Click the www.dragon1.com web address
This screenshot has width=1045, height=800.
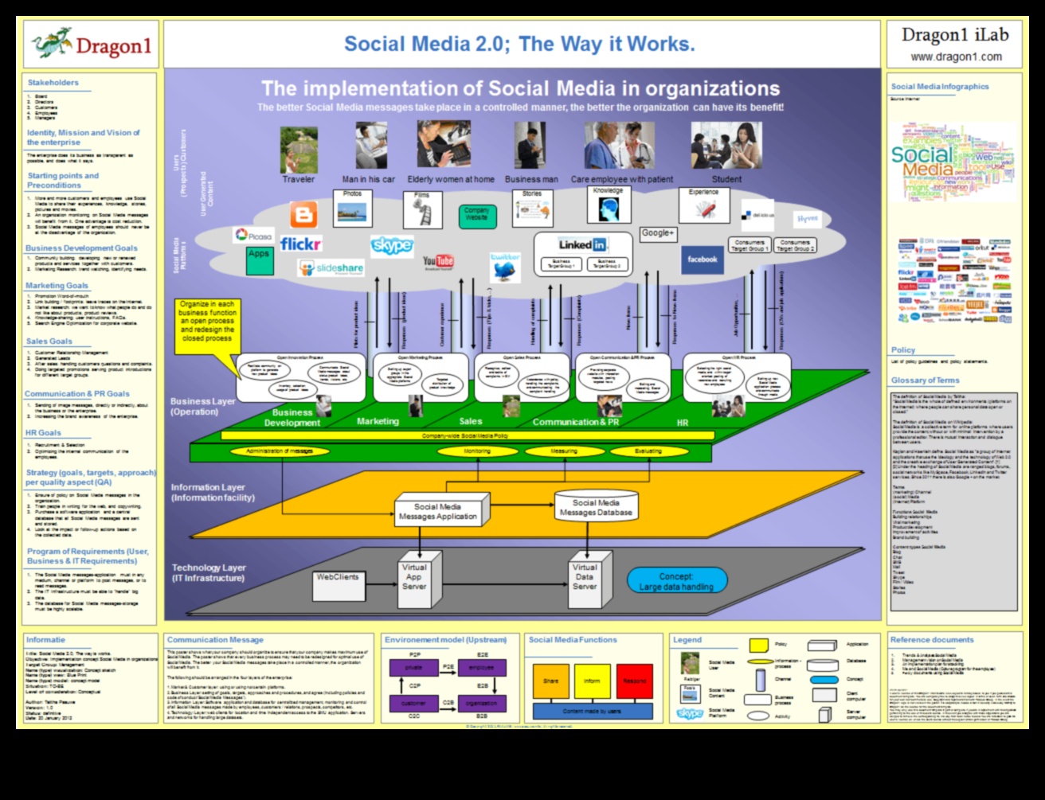[x=956, y=57]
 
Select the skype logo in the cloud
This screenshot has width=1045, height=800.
[x=392, y=244]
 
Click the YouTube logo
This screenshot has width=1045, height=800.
[x=438, y=261]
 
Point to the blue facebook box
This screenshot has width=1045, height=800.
[x=702, y=260]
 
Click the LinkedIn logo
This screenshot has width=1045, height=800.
[x=581, y=244]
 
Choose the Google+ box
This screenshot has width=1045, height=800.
[x=658, y=233]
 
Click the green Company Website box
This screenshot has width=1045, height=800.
[x=477, y=215]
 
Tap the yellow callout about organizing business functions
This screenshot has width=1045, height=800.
[x=206, y=321]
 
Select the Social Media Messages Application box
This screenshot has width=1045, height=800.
[x=438, y=511]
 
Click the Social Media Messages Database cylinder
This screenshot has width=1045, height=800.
[x=595, y=508]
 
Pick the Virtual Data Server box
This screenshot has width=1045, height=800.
[x=585, y=577]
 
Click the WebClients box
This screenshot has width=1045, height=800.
[x=338, y=577]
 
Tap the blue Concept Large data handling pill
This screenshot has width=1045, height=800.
[x=676, y=581]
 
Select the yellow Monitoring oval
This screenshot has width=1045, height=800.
[x=476, y=451]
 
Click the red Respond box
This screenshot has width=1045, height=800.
[x=634, y=681]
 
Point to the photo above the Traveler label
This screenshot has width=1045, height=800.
[x=299, y=149]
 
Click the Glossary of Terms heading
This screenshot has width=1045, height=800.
[x=925, y=380]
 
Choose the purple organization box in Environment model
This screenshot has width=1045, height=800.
[x=482, y=703]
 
